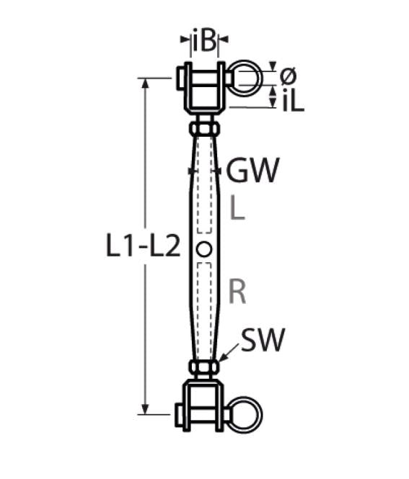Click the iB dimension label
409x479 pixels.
[205, 41]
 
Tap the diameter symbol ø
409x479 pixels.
[286, 75]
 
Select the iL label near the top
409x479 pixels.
[292, 101]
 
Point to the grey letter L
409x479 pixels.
[237, 209]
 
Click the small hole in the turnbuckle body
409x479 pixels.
[204, 249]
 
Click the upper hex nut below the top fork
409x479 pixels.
[205, 129]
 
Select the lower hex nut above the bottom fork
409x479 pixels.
[205, 368]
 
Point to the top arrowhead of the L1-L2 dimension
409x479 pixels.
[147, 81]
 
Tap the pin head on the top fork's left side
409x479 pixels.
[179, 79]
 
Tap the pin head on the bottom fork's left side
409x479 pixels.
[179, 414]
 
